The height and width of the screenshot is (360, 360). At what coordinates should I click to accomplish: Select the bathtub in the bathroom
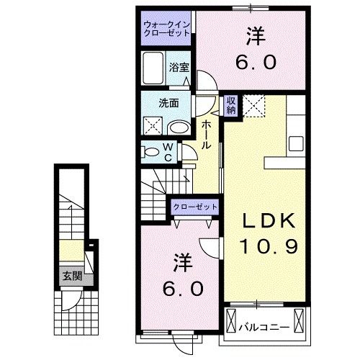point(153,70)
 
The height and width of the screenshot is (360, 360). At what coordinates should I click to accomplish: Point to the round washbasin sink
point(179,127)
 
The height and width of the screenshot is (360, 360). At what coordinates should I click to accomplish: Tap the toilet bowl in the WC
point(152,153)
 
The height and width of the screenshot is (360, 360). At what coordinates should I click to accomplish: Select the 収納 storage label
point(231,106)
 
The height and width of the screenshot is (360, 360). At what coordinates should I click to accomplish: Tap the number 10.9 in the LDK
point(265,248)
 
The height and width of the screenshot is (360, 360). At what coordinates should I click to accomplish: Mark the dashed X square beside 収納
point(253,105)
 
